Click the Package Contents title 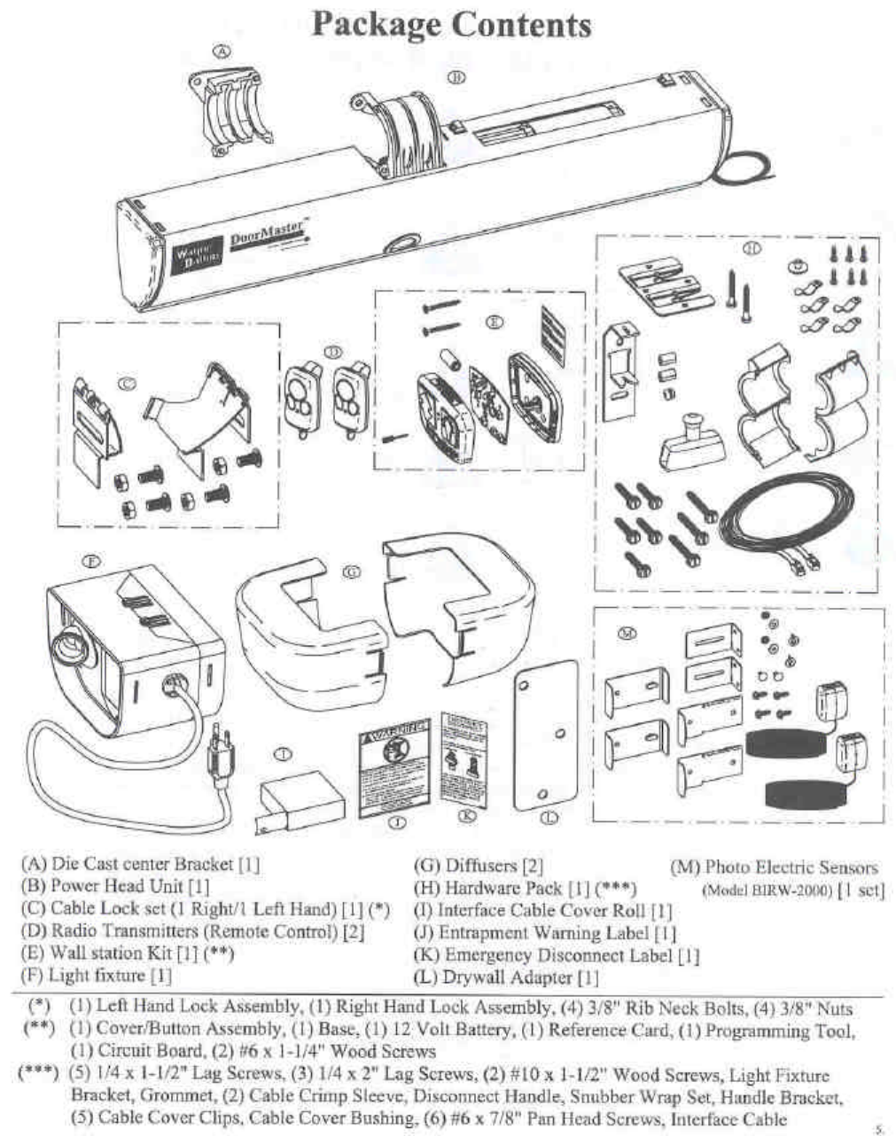pyautogui.click(x=451, y=24)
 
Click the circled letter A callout pyautogui.click(x=225, y=51)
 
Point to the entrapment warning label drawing pyautogui.click(x=395, y=766)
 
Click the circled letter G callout pyautogui.click(x=352, y=572)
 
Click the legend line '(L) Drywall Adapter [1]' pyautogui.click(x=506, y=977)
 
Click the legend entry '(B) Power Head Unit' pyautogui.click(x=114, y=886)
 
